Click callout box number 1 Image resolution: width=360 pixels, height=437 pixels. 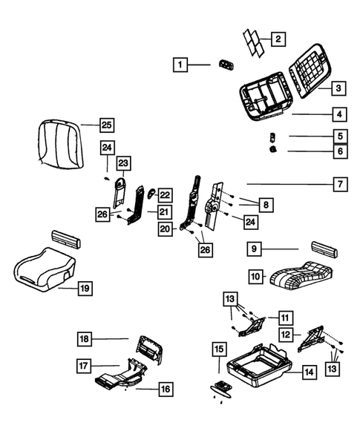(180, 65)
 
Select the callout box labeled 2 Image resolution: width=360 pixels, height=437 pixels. (278, 39)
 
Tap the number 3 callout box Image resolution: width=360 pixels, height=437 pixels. (338, 88)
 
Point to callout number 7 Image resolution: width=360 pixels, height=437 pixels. (338, 183)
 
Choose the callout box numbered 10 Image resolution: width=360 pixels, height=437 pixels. (255, 276)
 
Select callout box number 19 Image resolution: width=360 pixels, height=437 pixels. (85, 288)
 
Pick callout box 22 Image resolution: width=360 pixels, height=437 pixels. (164, 194)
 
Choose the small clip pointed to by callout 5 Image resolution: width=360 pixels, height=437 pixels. (272, 136)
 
